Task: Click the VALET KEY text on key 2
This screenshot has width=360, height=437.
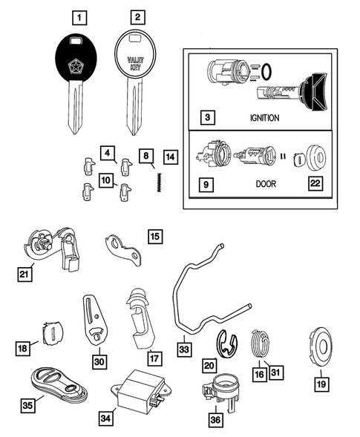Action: [x=134, y=65]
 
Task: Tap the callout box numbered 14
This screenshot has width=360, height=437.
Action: [x=171, y=157]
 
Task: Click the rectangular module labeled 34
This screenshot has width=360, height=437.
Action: [x=137, y=392]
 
